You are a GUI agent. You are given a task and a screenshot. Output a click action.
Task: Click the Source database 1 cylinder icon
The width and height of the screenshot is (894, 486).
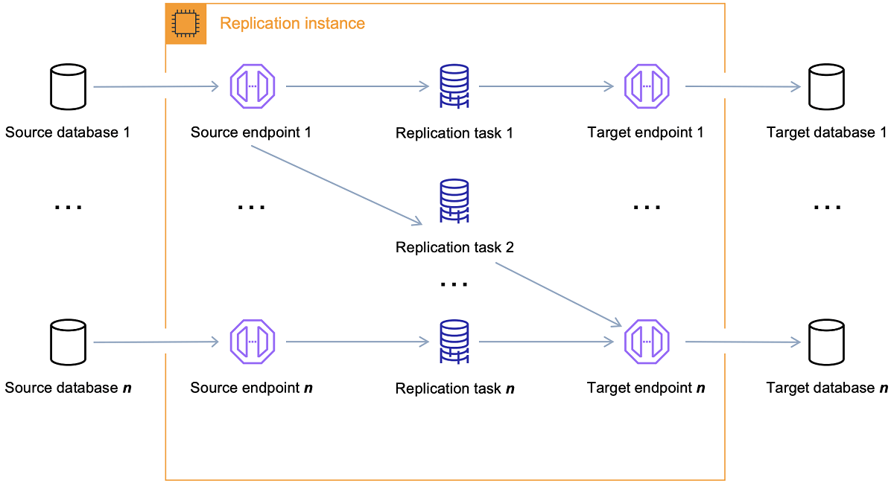67,87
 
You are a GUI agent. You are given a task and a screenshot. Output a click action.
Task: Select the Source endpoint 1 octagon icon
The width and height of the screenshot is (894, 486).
253,86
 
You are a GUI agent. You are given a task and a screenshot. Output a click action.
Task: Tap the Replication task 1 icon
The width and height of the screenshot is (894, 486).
454,87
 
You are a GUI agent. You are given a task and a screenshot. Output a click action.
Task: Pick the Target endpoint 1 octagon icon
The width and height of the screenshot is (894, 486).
646,86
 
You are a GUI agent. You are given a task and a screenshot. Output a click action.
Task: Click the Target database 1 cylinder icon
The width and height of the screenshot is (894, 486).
827,87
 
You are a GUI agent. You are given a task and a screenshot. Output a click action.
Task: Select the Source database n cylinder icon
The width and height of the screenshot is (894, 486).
67,342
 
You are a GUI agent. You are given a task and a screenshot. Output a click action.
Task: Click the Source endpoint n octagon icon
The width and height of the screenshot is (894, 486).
253,342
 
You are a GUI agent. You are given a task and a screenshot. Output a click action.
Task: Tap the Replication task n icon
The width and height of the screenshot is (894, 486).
454,342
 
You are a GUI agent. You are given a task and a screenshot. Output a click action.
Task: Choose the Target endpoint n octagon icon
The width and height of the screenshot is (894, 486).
646,342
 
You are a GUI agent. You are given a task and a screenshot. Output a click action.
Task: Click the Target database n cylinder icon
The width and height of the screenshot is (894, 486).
827,342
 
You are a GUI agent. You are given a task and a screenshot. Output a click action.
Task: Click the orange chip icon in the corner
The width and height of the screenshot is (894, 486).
186,24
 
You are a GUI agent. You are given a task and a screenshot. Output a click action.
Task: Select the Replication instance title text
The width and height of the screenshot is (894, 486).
292,24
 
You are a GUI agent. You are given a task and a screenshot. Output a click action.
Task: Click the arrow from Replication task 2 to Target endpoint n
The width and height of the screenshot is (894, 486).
559,293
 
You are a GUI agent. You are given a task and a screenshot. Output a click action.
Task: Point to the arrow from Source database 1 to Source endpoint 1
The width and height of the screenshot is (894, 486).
156,86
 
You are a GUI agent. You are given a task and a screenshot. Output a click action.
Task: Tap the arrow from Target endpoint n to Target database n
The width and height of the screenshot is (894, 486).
742,342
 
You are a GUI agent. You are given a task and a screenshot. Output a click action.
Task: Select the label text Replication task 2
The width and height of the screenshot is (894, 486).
454,247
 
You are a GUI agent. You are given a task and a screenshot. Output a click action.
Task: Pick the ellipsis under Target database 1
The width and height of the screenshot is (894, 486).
827,207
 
